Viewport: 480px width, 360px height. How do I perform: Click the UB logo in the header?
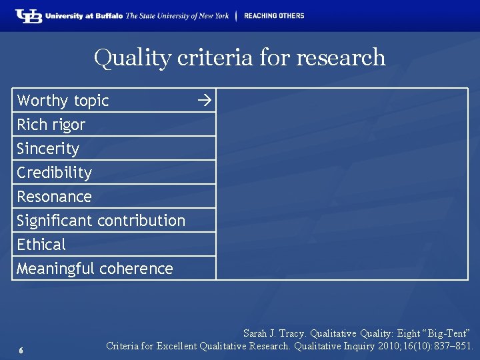coord(29,16)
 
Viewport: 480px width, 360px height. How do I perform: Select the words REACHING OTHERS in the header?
coord(273,16)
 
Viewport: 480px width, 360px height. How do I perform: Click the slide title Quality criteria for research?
coord(240,57)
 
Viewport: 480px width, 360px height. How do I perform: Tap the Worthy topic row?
coord(63,101)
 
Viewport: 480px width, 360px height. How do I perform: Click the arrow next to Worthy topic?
coord(204,101)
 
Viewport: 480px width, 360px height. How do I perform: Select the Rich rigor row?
coord(51,125)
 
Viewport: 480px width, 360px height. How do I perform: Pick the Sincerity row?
coord(48,149)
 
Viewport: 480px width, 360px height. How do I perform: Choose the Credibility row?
coord(55,173)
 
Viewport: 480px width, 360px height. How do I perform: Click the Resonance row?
coord(54,197)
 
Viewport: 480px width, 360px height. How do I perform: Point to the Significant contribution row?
coord(101,221)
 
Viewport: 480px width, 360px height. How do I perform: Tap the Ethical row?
coord(41,245)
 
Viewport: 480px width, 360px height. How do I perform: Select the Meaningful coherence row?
coord(95,269)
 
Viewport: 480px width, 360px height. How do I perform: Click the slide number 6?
coord(21,351)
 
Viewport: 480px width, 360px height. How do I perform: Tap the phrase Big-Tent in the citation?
coord(449,333)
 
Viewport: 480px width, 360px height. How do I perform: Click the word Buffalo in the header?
coord(109,16)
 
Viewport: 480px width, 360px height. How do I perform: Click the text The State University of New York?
coord(177,16)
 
